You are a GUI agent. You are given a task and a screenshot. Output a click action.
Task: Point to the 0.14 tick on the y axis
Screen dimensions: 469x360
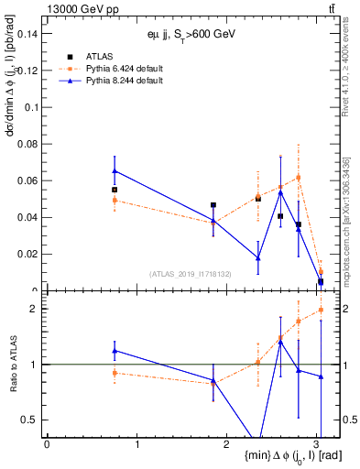(30, 34)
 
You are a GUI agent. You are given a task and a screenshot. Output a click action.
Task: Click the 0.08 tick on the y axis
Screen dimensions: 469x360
(30, 144)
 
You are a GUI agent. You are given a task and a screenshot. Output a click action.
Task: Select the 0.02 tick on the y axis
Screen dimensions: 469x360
(30, 255)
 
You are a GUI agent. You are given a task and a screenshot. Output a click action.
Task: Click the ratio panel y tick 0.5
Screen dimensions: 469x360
(33, 420)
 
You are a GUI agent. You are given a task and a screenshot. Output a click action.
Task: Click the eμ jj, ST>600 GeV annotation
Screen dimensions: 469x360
(192, 34)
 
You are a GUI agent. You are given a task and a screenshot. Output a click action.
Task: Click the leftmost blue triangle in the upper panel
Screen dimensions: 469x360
(115, 170)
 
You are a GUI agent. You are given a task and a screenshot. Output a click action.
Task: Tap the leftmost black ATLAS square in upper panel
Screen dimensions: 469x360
(115, 190)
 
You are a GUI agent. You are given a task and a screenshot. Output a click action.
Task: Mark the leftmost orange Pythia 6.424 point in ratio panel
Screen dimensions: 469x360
(115, 373)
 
